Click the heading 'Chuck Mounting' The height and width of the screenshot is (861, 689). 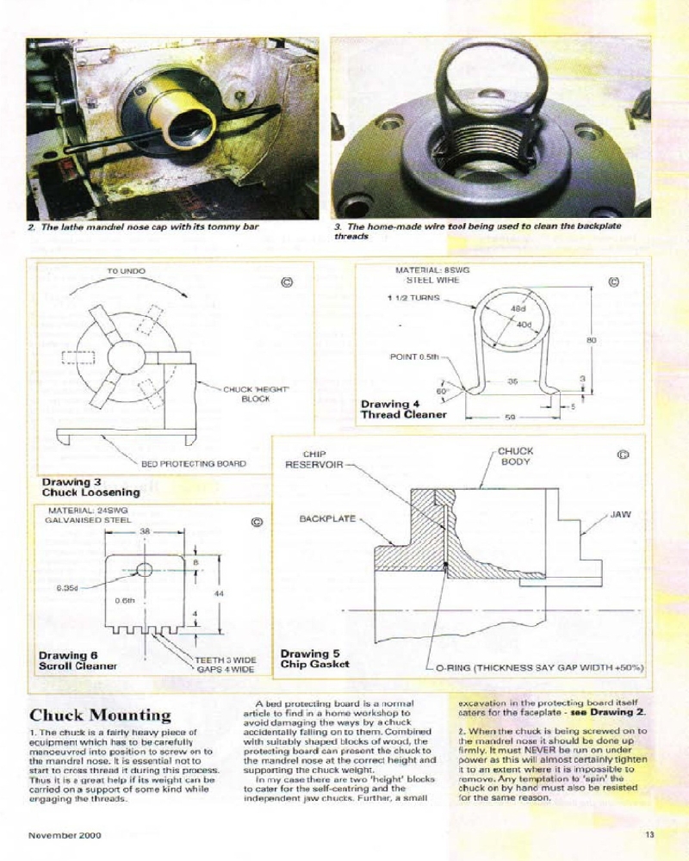click(x=101, y=715)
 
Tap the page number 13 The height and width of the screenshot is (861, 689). click(x=649, y=834)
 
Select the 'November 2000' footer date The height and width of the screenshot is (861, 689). click(x=62, y=834)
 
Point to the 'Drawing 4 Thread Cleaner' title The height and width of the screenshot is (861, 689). click(x=403, y=409)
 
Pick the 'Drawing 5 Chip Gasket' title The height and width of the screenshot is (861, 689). click(x=315, y=660)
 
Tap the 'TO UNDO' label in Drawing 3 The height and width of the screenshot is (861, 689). click(x=126, y=271)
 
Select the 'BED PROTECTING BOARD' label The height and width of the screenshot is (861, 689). click(x=193, y=463)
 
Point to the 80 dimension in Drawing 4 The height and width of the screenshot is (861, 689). click(x=591, y=341)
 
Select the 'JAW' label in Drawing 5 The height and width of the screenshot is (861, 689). click(x=620, y=514)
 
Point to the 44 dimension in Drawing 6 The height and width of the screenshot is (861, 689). click(x=219, y=594)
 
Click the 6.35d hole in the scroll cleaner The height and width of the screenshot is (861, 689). click(x=145, y=569)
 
